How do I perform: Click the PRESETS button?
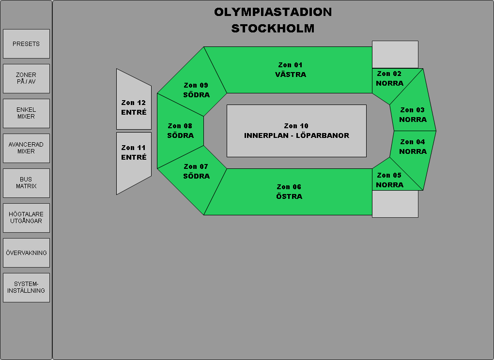(x=26, y=44)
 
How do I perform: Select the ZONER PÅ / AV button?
(x=26, y=78)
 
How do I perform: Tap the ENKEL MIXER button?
(x=26, y=113)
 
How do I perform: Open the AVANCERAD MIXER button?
(x=26, y=148)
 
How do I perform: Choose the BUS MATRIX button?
(x=26, y=183)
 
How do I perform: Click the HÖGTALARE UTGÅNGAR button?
(x=26, y=218)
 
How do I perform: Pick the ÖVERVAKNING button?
(x=26, y=253)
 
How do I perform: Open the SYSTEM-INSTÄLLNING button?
(x=26, y=287)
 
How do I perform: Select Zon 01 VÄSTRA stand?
(x=291, y=70)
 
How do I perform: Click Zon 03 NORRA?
(x=413, y=115)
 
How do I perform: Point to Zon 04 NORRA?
(x=413, y=147)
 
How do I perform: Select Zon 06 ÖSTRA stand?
(x=290, y=192)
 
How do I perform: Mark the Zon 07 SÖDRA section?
(x=196, y=172)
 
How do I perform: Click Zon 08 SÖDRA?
(x=180, y=131)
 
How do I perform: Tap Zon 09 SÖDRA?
(x=196, y=90)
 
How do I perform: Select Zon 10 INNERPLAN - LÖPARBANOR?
(x=296, y=131)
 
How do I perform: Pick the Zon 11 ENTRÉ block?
(x=134, y=153)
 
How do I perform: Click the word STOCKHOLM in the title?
(x=273, y=28)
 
